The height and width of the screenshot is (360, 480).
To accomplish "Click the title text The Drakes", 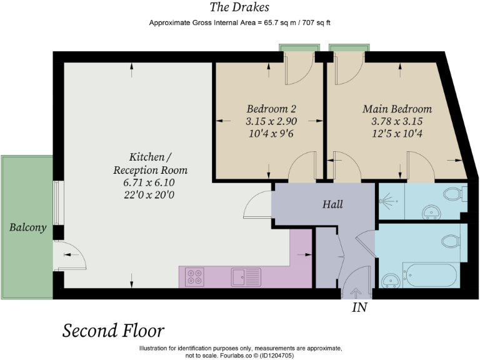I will pos(240,7).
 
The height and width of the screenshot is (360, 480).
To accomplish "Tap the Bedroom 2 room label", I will pos(267,107).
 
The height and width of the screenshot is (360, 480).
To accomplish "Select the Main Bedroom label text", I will pos(397,109).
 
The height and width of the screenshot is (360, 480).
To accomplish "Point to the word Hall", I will pos(332,204).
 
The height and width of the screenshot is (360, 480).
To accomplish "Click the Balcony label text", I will pos(27,227).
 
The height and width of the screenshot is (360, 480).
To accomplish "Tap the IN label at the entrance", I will pos(359,307).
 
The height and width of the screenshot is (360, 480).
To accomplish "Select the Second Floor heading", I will pos(113,330).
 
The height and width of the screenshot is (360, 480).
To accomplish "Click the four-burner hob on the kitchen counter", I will pos(195,276).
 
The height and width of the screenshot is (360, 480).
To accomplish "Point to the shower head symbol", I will pos(388,201).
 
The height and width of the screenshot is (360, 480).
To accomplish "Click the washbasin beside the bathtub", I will pos(391,278).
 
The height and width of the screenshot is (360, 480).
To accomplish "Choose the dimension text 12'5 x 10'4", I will pos(397,132).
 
